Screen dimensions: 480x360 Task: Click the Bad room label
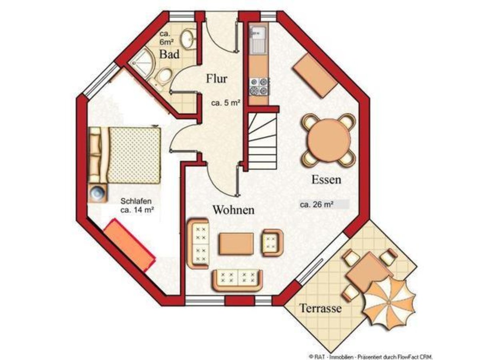point(169,54)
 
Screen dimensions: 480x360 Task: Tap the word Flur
point(216,78)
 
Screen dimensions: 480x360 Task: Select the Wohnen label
point(234,210)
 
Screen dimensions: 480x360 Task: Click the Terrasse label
point(321,308)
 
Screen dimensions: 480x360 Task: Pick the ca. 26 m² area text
point(317,204)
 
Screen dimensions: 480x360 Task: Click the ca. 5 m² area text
point(226,103)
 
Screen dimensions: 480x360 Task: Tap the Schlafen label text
point(136,201)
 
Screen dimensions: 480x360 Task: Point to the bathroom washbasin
point(187,39)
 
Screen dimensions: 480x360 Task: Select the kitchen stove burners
point(259,87)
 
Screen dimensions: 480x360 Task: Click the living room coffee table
point(236,244)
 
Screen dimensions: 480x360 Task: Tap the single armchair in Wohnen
point(273,243)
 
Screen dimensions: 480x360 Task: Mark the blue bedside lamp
point(98,192)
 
